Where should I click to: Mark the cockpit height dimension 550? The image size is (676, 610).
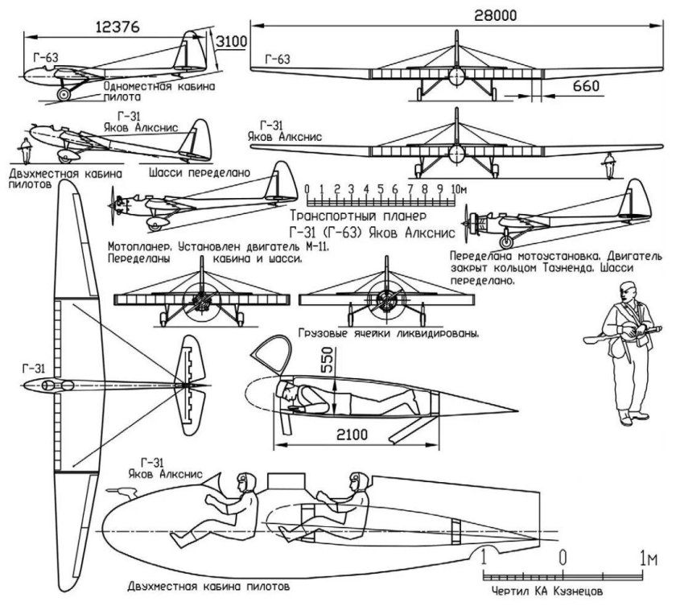[326, 361]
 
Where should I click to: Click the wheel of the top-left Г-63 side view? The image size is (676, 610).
[64, 94]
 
